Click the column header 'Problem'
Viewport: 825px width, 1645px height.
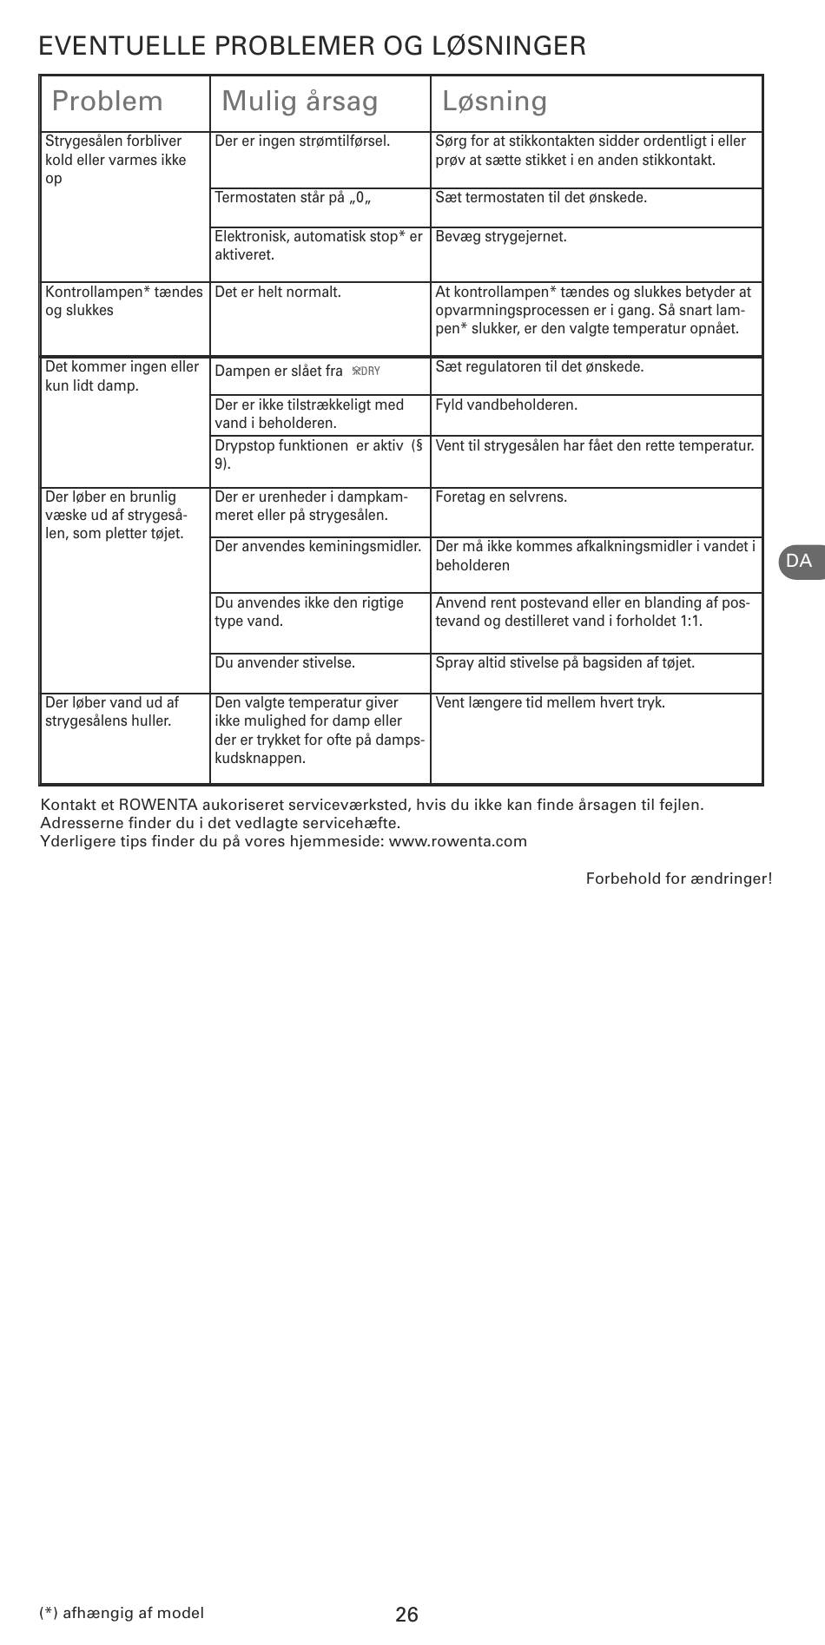tap(107, 102)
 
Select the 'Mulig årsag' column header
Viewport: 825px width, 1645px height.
tap(300, 102)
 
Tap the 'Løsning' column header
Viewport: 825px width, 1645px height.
tap(494, 102)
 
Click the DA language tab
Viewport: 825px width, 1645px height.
tap(799, 561)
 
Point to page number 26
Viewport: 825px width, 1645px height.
tap(406, 1614)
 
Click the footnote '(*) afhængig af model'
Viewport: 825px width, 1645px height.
tap(122, 1612)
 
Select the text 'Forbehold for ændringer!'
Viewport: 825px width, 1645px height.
tap(678, 878)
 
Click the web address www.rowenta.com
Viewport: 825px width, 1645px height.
tap(458, 841)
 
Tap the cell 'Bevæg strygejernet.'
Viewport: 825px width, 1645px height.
tap(500, 237)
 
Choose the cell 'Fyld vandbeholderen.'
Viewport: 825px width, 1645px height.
tap(505, 405)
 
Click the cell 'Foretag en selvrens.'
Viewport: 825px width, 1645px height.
tap(500, 497)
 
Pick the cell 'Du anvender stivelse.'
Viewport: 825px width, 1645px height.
tap(285, 662)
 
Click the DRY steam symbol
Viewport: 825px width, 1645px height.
tap(366, 372)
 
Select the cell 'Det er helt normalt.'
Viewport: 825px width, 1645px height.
tap(278, 292)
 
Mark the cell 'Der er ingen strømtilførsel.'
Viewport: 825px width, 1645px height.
tap(302, 141)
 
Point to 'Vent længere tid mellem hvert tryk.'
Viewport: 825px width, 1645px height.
tap(550, 702)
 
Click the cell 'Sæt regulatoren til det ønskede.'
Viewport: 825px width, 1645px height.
tap(539, 366)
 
